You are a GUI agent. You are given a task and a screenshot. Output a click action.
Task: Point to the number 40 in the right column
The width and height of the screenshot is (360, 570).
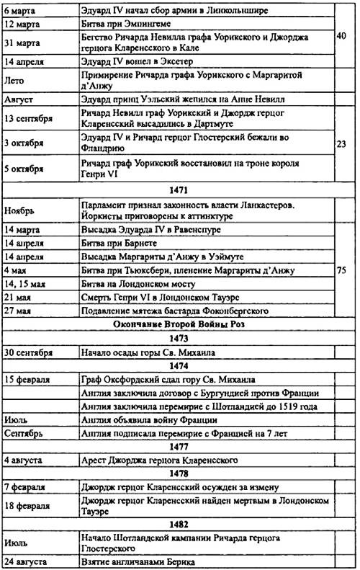[x=343, y=35]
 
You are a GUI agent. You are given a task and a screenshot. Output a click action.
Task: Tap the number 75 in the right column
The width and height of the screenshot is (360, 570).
[x=343, y=270]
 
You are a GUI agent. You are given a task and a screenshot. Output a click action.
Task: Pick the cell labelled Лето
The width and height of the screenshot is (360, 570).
[x=15, y=80]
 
